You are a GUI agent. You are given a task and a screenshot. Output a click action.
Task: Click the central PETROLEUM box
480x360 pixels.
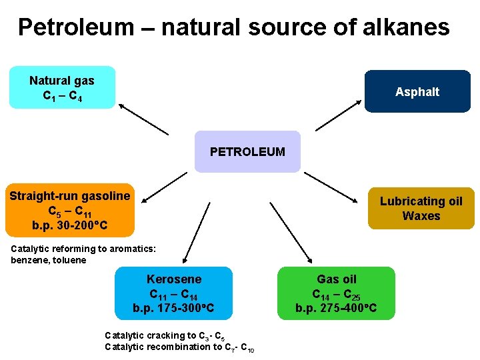[247, 151]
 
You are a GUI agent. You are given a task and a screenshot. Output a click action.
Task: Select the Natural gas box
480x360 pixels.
[62, 87]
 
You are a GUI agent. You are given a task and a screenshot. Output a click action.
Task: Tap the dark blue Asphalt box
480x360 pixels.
[417, 91]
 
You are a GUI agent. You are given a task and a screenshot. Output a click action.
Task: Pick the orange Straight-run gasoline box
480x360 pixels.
[69, 210]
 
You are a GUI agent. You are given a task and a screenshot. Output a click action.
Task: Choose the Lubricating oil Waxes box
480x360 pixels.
[421, 208]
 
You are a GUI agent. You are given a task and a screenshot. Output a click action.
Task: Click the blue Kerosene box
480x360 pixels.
[174, 293]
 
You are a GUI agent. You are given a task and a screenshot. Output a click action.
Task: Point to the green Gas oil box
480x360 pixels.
[336, 293]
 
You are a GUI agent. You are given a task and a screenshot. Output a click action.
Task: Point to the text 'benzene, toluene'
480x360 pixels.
[49, 260]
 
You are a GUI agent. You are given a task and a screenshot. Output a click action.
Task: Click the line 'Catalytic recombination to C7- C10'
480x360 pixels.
[178, 347]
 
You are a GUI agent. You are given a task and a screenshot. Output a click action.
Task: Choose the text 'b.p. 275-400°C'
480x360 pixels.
[336, 308]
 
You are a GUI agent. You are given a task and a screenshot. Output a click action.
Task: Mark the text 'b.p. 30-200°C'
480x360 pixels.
[69, 225]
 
